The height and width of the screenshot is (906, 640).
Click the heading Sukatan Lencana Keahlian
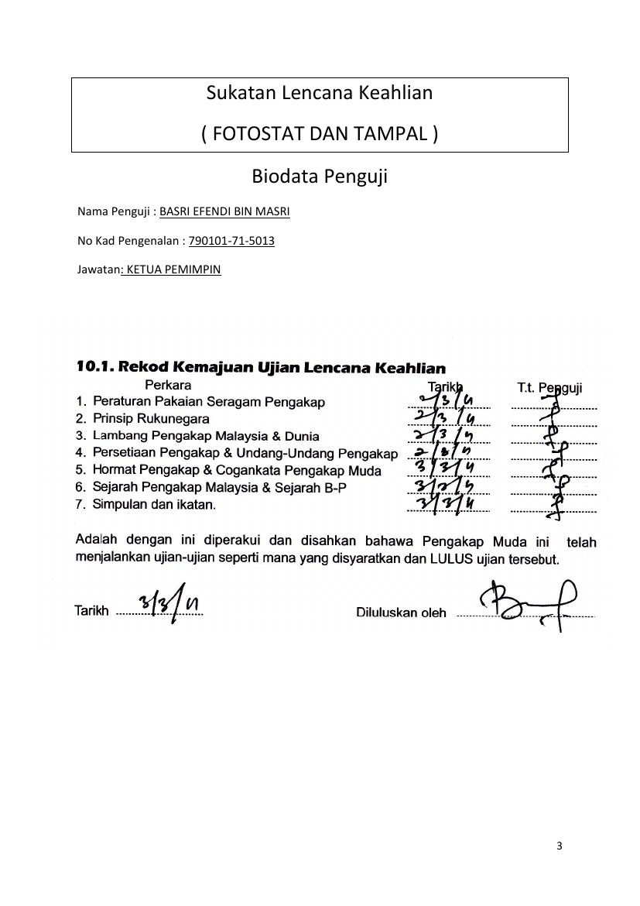(319, 94)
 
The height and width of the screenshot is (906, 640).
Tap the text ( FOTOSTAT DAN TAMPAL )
(319, 134)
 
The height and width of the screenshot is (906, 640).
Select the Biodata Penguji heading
(319, 177)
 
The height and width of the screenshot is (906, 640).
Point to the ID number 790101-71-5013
(231, 241)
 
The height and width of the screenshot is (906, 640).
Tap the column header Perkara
(168, 384)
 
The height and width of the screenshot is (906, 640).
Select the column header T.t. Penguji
(549, 386)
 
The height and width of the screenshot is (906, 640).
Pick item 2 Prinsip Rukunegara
(150, 419)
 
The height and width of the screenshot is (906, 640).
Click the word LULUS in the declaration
(443, 558)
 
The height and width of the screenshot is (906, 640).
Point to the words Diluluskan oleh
(401, 613)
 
